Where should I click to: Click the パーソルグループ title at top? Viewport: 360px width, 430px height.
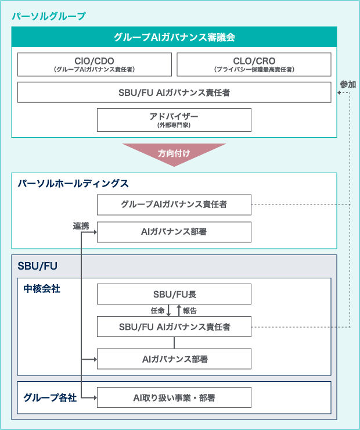pos(49,16)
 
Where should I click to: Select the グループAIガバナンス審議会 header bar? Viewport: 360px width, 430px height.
pos(174,37)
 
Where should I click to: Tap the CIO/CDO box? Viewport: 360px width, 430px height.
pos(95,64)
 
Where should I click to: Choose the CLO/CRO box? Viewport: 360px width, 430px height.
pos(254,64)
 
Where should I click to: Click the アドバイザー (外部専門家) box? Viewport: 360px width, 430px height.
pos(174,120)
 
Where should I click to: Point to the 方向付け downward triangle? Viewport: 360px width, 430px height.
pos(174,155)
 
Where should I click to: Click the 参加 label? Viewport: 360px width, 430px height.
pos(348,84)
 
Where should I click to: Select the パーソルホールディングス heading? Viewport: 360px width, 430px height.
pos(73,183)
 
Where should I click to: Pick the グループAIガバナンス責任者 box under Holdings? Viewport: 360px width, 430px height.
pos(174,205)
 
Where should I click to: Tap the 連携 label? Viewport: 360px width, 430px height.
pos(81,226)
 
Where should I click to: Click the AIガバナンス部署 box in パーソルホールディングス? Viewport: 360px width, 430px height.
pos(174,232)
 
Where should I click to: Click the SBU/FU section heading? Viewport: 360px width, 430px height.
pos(38,266)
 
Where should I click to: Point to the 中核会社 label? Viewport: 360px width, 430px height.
pos(42,288)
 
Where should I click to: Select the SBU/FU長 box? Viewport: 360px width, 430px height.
pos(174,294)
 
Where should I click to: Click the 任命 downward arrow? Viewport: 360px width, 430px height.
pos(169,310)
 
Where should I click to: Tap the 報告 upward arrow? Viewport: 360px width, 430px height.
pos(179,310)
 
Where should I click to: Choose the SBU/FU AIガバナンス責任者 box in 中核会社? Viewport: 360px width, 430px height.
pos(174,327)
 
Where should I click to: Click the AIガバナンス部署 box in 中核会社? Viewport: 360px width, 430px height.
pos(174,359)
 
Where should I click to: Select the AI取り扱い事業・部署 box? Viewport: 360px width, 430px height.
pos(174,397)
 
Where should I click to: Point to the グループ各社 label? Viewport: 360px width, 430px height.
pos(50,397)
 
